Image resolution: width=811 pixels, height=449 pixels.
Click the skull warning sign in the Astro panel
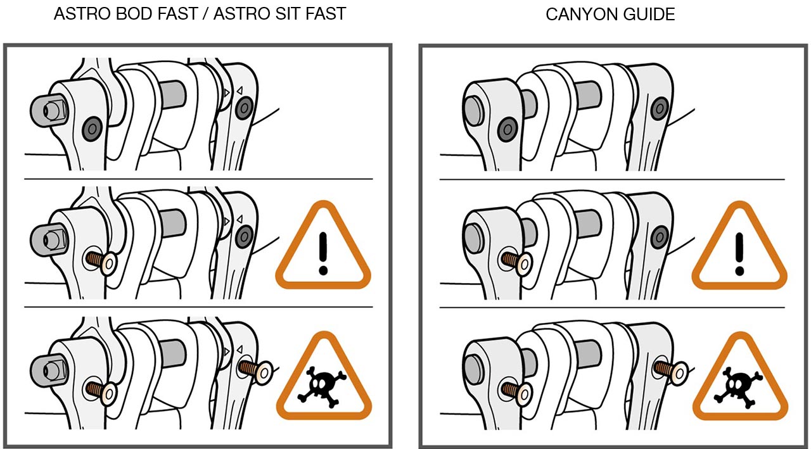tap(324, 376)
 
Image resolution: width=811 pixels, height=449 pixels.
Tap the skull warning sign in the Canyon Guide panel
tap(741, 377)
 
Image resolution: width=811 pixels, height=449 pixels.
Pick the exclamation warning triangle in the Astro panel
tap(323, 246)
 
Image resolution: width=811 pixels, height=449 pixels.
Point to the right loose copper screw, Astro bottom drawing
tap(255, 370)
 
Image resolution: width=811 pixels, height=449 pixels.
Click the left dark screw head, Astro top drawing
tap(92, 129)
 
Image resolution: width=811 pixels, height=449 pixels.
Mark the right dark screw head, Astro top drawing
tap(245, 108)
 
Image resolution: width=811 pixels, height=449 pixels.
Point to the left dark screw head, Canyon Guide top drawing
tap(508, 129)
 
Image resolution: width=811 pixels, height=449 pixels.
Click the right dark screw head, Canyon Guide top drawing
tap(660, 108)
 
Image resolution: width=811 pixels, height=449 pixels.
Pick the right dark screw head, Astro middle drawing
tap(245, 237)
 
